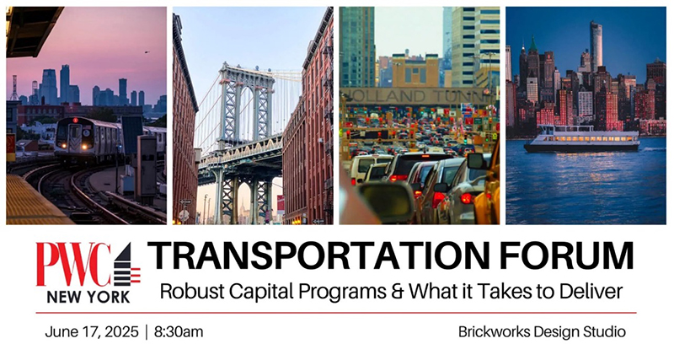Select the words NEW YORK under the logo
click(88, 297)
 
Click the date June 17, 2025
click(92, 331)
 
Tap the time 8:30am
click(178, 331)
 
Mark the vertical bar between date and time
click(146, 331)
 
